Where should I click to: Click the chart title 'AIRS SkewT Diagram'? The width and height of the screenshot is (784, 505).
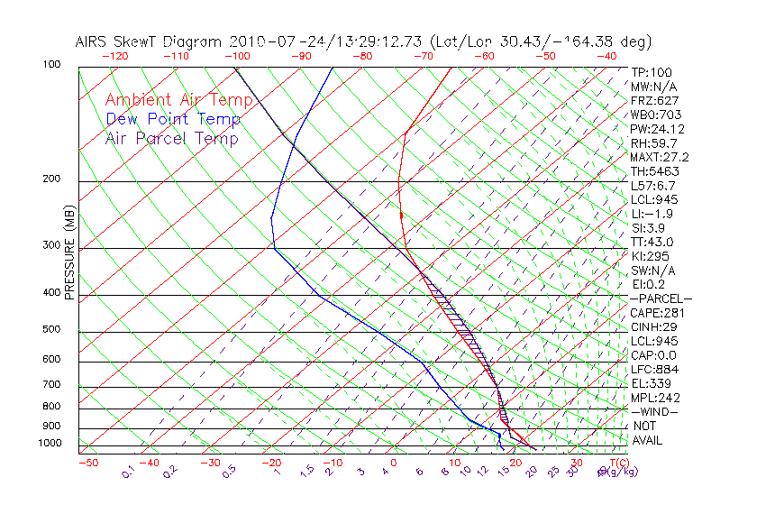[150, 42]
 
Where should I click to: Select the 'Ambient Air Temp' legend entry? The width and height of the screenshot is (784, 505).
[179, 100]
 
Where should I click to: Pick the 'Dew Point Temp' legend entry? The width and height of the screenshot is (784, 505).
[173, 119]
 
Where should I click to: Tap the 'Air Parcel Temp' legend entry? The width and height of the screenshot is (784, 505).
[172, 139]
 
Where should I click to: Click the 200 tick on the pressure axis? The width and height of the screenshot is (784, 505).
[52, 179]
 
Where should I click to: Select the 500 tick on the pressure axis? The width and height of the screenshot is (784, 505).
[52, 330]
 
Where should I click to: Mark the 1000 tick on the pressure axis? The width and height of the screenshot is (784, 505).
[50, 444]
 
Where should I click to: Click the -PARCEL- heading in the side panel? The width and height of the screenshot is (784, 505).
[661, 298]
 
